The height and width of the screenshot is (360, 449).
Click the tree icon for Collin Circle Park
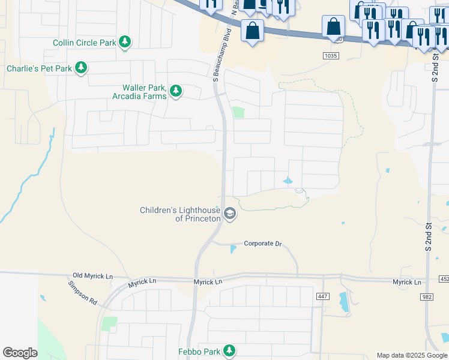tap(125, 42)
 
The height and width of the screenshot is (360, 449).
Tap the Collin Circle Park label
tap(85, 43)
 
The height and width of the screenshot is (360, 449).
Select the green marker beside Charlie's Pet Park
tap(80, 68)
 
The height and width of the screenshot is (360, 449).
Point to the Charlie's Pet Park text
tap(39, 68)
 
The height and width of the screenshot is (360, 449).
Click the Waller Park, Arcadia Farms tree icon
tap(175, 91)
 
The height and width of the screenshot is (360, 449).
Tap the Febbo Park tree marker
tap(228, 350)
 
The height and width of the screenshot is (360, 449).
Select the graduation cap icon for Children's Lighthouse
tap(229, 214)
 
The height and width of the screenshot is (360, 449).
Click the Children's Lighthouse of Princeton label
tap(180, 214)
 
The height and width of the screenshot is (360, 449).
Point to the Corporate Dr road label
tap(262, 244)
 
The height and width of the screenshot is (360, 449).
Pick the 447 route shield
tap(323, 296)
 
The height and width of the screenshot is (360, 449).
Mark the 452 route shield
tap(444, 278)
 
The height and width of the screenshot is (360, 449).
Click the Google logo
tap(20, 353)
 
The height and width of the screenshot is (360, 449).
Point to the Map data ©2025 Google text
tap(412, 355)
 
